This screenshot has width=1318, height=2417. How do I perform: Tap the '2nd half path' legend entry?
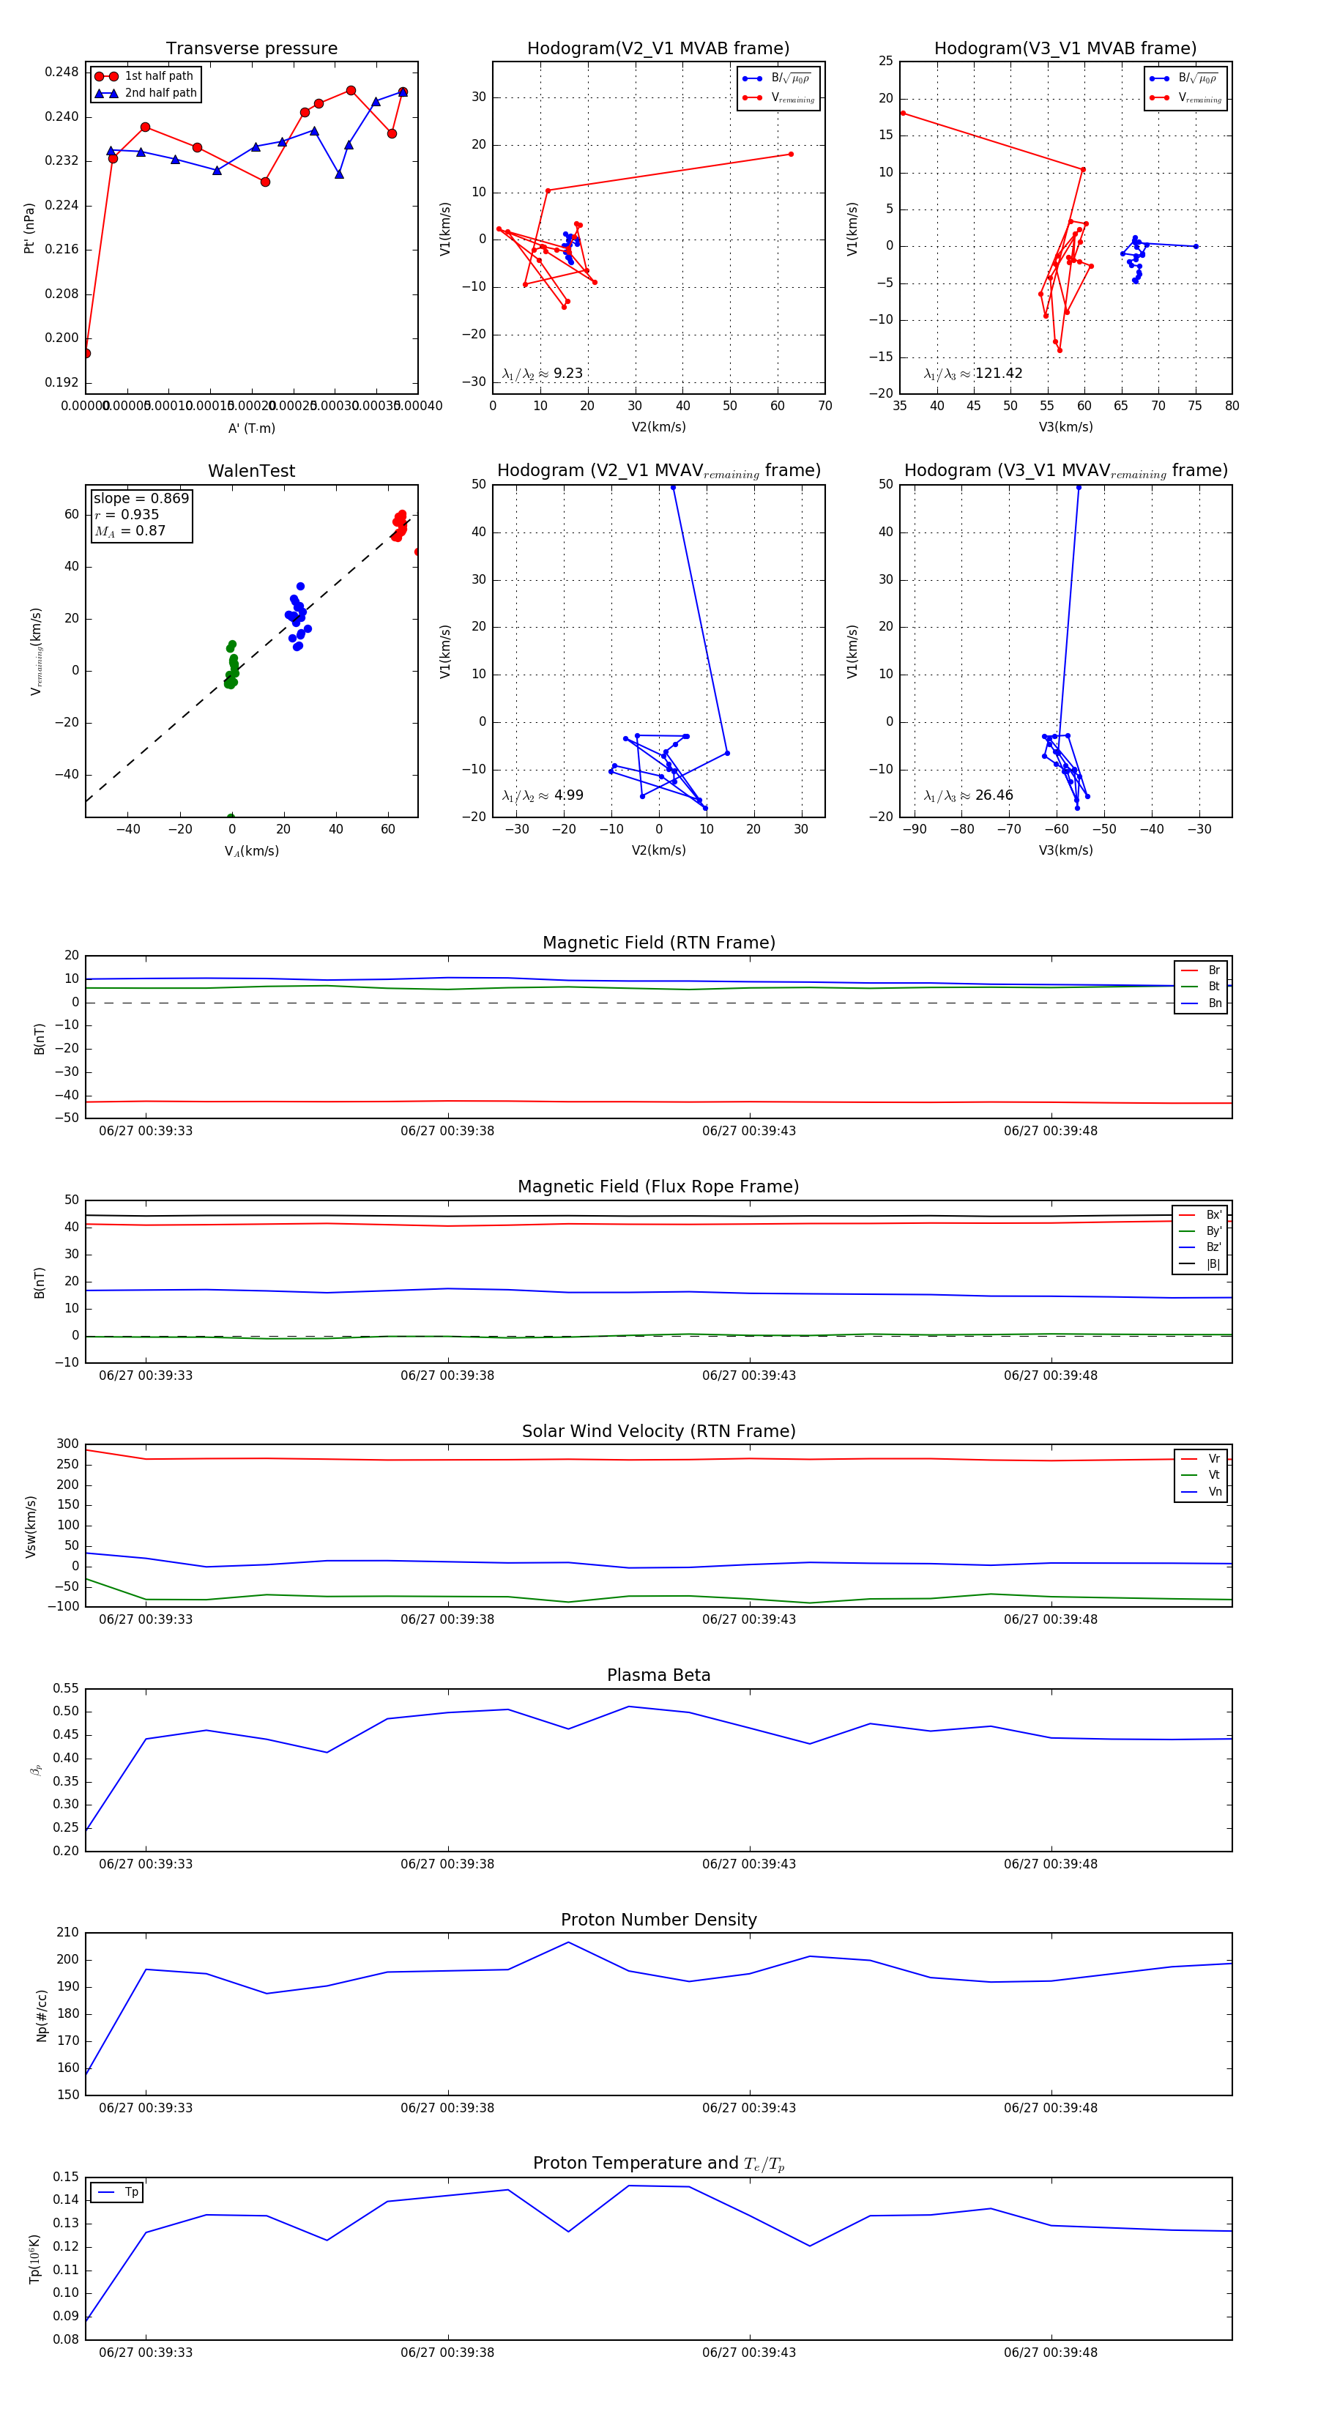tap(160, 93)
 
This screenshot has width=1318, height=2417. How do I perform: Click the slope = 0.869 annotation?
tap(141, 498)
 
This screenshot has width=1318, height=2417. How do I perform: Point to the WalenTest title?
tap(251, 471)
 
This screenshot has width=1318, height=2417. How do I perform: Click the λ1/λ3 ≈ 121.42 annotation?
tap(973, 374)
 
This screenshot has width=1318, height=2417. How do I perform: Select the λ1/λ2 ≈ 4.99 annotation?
tap(542, 795)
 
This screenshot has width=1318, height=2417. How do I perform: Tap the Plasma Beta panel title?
tap(658, 1676)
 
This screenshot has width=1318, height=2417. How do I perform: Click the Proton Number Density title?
tap(658, 1920)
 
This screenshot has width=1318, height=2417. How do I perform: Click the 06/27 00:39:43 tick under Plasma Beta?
tap(748, 1863)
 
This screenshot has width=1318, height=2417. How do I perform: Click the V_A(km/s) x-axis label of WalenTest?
tap(251, 851)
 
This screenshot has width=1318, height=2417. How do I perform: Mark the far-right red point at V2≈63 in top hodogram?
tap(791, 154)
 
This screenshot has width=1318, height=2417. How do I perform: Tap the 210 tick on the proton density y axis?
tap(67, 1933)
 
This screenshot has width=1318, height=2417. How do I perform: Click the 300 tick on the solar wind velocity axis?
tap(67, 1444)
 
